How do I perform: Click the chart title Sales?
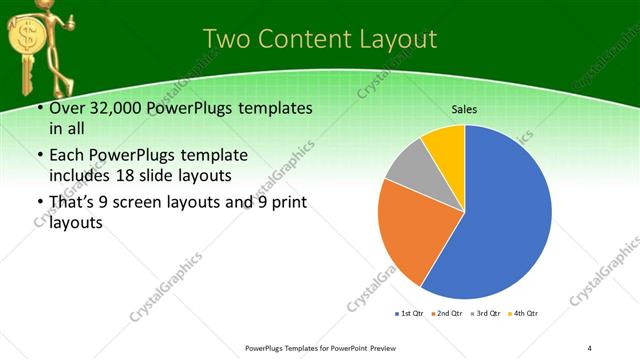[x=464, y=108]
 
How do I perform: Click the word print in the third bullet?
[x=282, y=203]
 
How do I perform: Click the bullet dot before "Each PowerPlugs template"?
[x=36, y=155]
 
